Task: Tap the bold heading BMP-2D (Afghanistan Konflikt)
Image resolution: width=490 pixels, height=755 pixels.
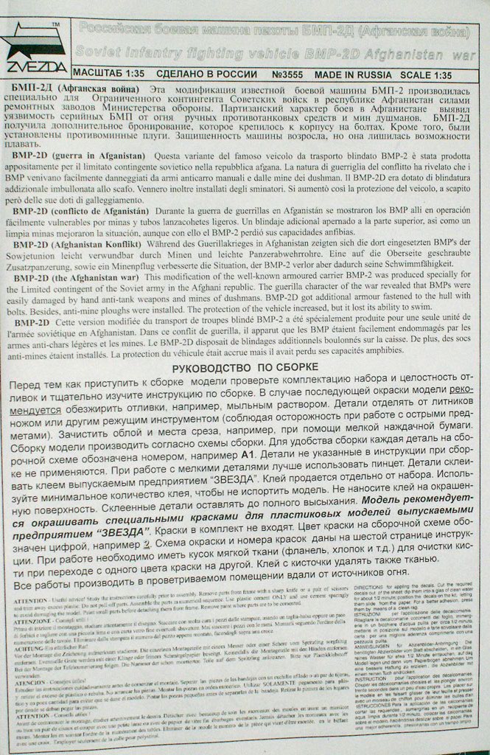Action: (x=100, y=244)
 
